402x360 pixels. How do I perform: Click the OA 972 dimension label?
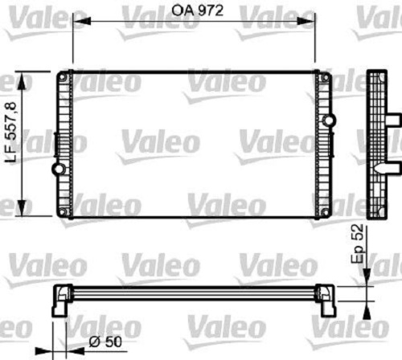(x=197, y=10)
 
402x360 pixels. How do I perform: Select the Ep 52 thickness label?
(x=358, y=243)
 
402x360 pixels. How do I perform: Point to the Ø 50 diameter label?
(x=105, y=342)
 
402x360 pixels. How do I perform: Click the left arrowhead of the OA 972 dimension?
(x=82, y=21)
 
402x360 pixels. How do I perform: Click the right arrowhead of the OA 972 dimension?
(x=306, y=21)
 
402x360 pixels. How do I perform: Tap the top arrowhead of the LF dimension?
(x=21, y=81)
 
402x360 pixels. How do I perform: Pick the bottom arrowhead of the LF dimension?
(x=21, y=207)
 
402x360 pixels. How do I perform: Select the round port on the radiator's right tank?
(x=329, y=120)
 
